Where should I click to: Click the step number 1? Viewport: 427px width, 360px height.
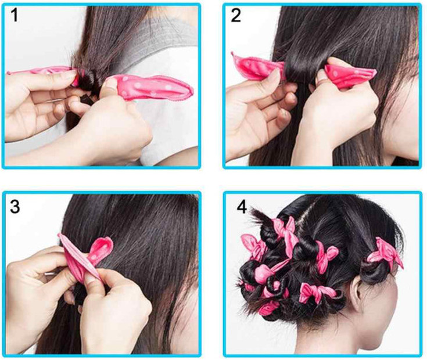pyautogui.click(x=15, y=15)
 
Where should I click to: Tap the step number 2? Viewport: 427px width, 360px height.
pyautogui.click(x=236, y=15)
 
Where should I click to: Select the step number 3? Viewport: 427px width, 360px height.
pyautogui.click(x=15, y=207)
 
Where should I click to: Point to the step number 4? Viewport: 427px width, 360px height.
pyautogui.click(x=242, y=207)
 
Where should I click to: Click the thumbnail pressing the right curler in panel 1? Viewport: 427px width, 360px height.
pyautogui.click(x=111, y=82)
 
